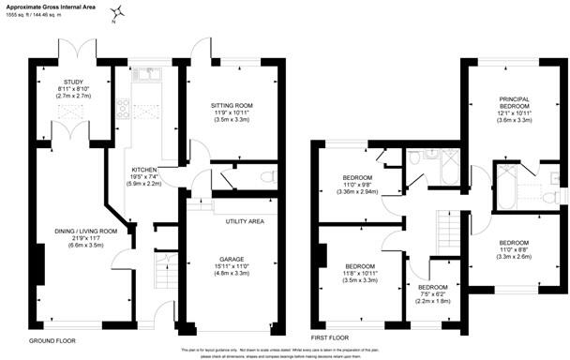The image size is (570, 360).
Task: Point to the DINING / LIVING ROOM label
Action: [x=82, y=231]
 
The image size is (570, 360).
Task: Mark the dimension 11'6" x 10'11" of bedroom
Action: [x=360, y=273]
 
